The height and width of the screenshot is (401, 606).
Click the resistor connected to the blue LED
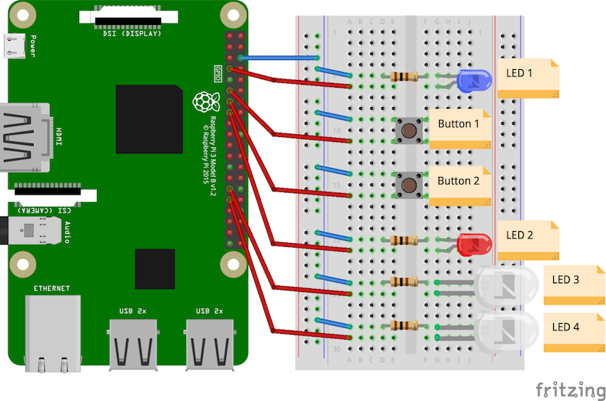pos(404,76)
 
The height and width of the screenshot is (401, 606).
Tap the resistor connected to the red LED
pos(404,240)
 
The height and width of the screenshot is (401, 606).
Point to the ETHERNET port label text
pos(51,288)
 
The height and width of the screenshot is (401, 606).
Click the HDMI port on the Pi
pos(25,138)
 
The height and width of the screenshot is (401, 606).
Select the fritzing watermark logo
pos(570,389)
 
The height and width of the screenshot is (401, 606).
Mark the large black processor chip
pos(149,119)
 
